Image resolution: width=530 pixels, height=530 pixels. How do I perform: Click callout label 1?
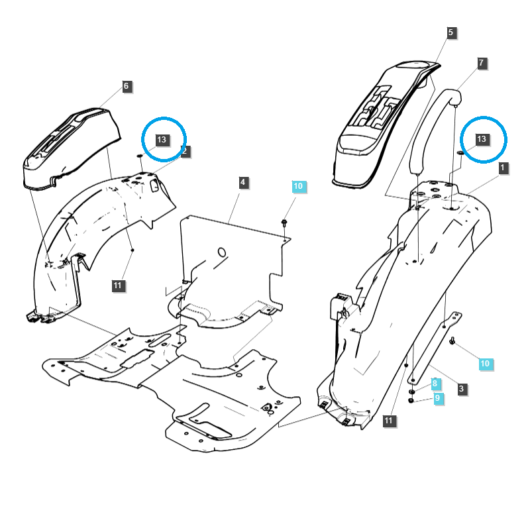503,168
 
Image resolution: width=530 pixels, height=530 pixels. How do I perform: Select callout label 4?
243,182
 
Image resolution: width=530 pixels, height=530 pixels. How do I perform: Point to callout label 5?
450,32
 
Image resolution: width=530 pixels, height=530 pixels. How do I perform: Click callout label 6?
127,86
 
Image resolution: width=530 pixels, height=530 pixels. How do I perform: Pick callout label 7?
482,64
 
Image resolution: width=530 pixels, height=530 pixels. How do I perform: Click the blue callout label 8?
435,384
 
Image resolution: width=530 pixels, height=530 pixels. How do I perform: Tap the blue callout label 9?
437,398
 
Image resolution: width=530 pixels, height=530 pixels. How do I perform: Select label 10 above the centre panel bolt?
298,187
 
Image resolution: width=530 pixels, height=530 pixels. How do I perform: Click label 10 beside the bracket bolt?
485,364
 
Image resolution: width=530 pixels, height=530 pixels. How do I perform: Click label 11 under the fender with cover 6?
117,286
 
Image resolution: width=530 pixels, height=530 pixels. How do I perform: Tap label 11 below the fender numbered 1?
389,420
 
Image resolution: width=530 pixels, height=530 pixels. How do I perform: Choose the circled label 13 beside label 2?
162,140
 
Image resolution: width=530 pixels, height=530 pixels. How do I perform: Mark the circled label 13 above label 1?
482,139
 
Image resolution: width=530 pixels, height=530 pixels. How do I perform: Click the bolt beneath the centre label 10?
284,222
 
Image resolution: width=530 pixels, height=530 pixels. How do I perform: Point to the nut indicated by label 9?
411,400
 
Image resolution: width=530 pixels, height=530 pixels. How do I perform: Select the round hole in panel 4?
222,252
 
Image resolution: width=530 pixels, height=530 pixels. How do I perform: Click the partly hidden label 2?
185,151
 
